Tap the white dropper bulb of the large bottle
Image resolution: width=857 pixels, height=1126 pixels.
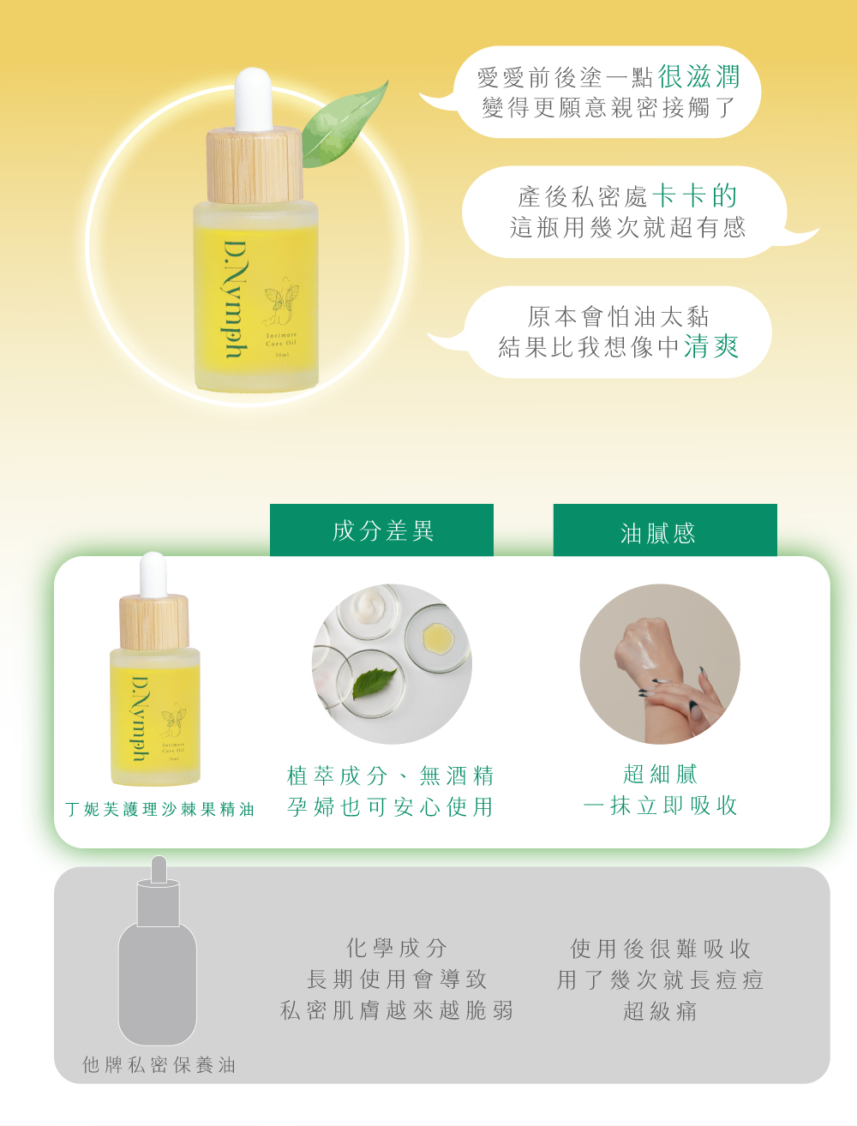tap(254, 99)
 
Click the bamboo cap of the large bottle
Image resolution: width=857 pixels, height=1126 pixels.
tap(255, 165)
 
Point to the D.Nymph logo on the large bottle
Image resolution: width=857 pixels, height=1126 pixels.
tap(236, 300)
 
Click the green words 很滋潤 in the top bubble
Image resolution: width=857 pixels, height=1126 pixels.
tap(698, 76)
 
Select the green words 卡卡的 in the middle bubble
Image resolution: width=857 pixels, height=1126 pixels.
tap(694, 195)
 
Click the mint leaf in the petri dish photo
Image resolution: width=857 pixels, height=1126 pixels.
tap(374, 683)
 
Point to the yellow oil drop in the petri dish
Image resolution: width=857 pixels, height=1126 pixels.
tap(437, 638)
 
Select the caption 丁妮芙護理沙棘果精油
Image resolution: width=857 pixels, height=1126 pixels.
tap(159, 809)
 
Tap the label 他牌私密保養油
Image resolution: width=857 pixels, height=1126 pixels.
tap(159, 1064)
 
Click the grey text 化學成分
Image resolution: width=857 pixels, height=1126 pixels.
tap(396, 948)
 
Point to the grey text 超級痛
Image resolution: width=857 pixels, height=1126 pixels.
tap(660, 1011)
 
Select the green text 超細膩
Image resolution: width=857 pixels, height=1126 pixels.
tap(660, 774)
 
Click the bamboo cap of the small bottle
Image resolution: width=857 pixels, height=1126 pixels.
tap(154, 622)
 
